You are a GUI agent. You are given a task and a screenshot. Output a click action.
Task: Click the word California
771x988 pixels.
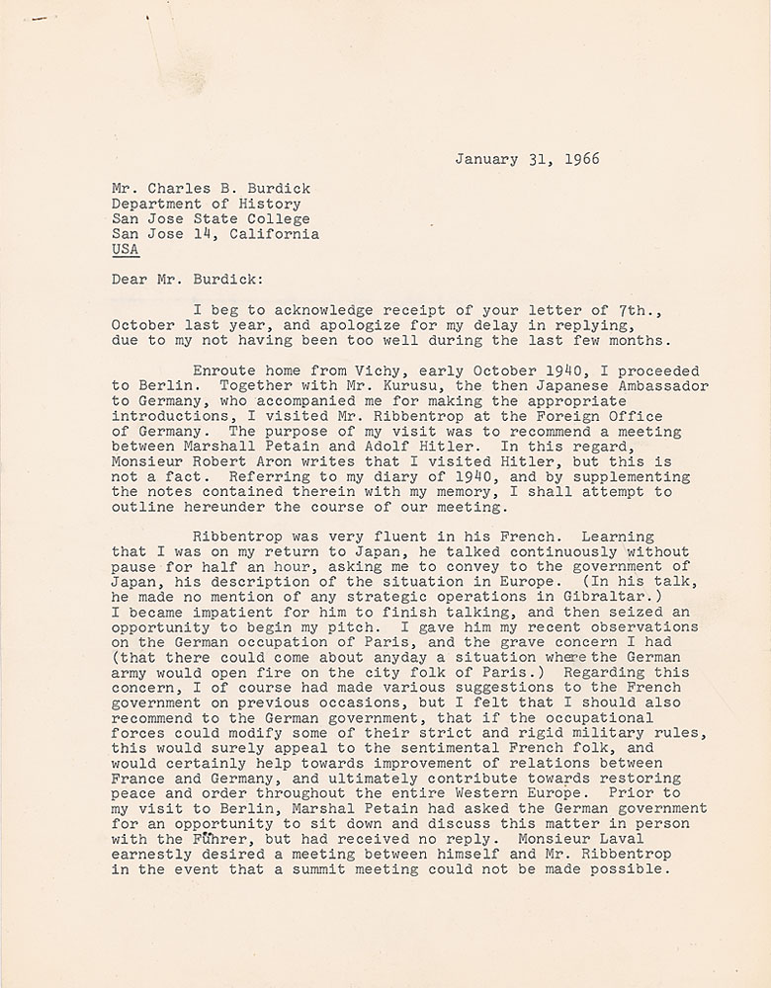point(275,234)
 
